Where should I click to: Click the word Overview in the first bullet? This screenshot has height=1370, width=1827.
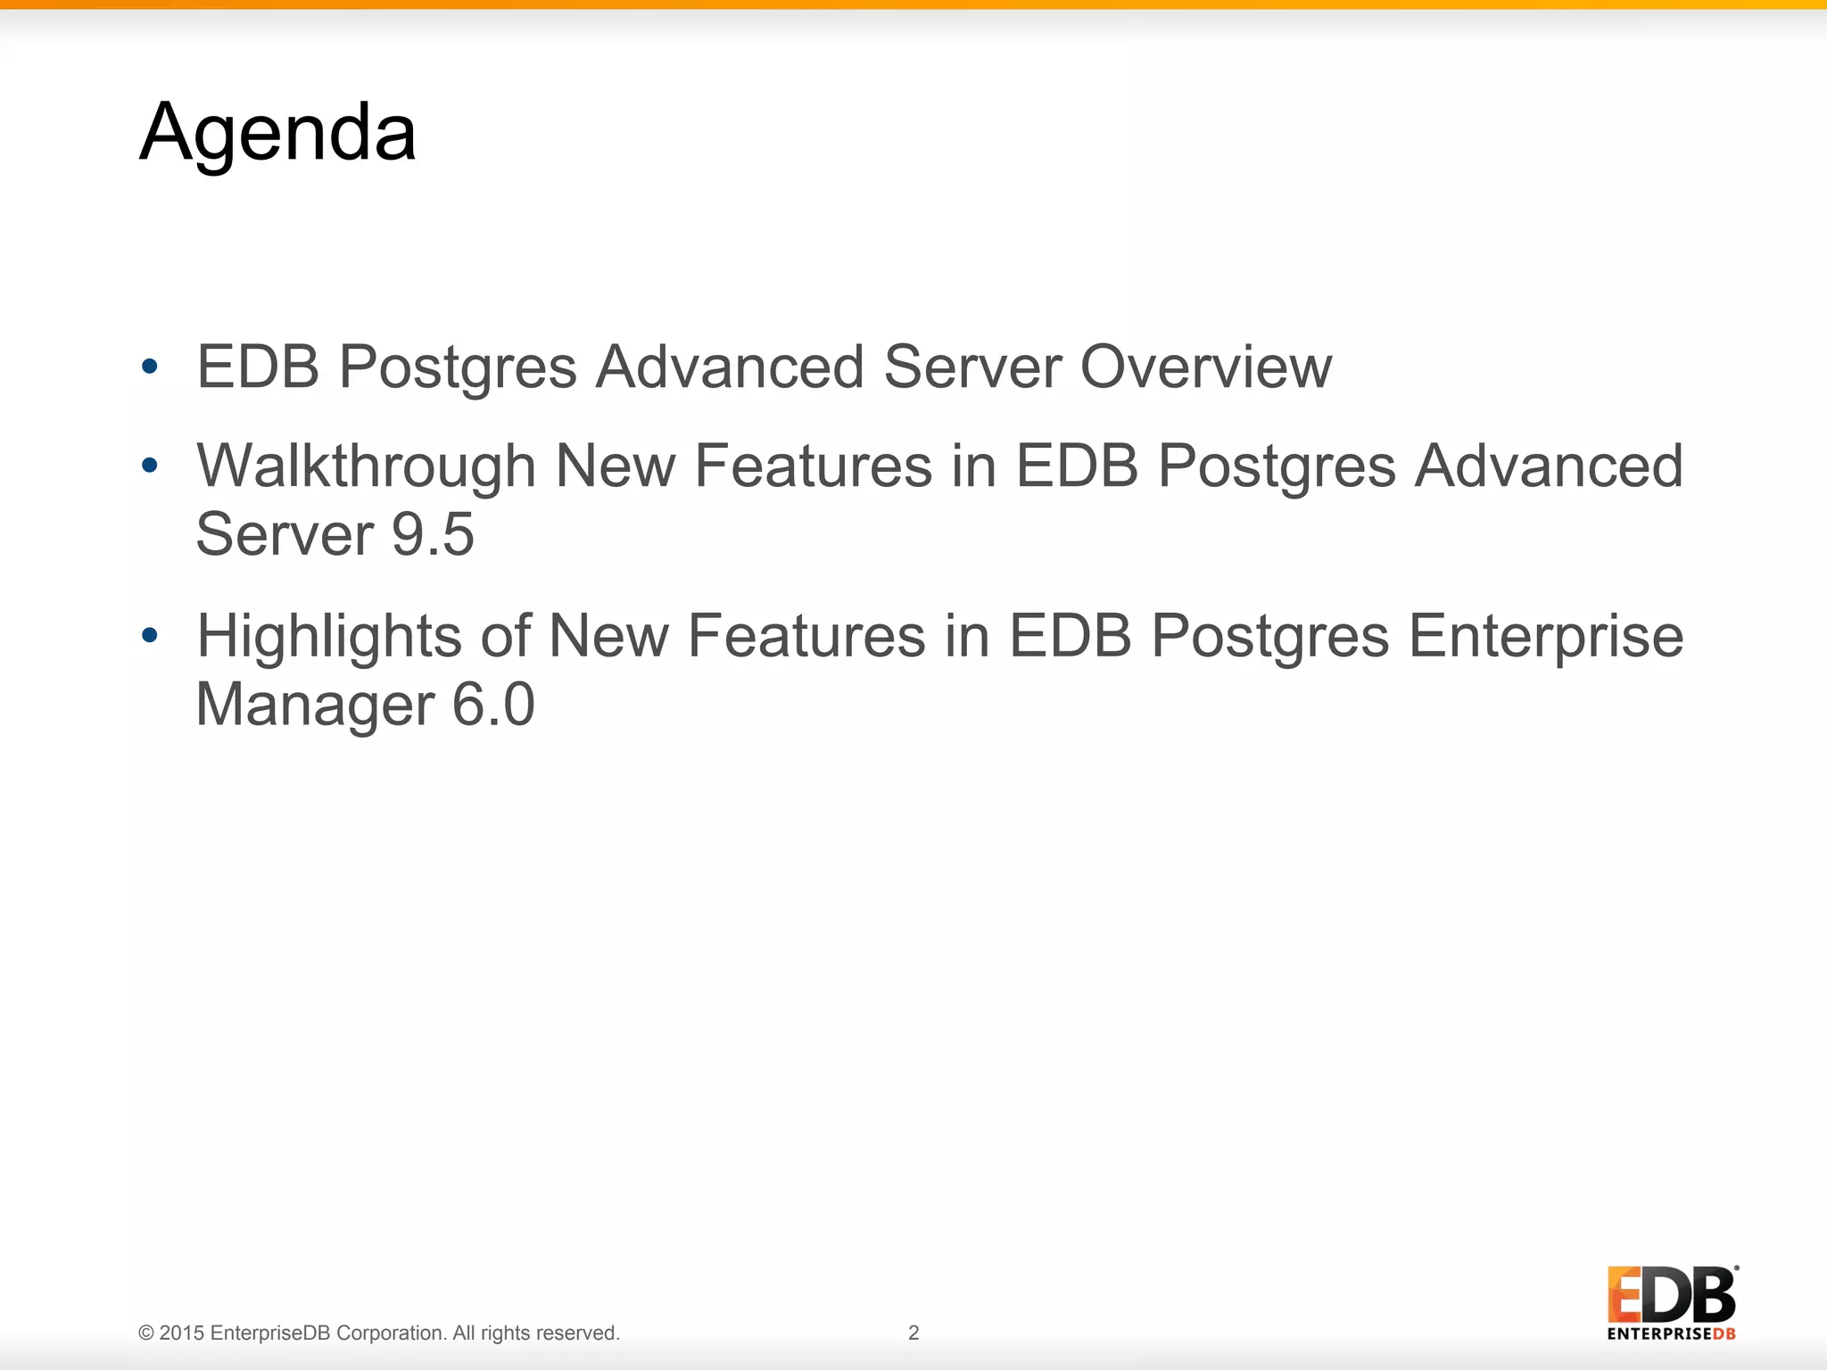(1205, 367)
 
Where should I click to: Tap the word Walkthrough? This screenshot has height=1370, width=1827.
(366, 466)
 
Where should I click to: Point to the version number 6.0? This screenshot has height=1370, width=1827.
(492, 705)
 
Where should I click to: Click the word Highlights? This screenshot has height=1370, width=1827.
(328, 637)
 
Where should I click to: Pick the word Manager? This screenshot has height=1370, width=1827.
(315, 705)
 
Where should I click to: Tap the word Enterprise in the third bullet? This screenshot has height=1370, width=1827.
(1545, 637)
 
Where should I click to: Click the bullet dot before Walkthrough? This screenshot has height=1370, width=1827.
(150, 466)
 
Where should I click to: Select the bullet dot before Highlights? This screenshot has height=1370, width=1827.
(150, 635)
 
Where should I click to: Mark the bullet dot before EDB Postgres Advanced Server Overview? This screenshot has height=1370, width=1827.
(150, 366)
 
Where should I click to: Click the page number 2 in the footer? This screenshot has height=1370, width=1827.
(913, 1333)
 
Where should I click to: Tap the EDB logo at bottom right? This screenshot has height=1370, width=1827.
(1671, 1295)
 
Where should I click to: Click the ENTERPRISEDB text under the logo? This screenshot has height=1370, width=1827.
(1671, 1334)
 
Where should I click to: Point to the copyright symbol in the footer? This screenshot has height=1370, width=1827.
(146, 1333)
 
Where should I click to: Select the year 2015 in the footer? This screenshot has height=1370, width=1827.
(182, 1333)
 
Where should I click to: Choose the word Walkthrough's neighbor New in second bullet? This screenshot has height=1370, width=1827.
(615, 466)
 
